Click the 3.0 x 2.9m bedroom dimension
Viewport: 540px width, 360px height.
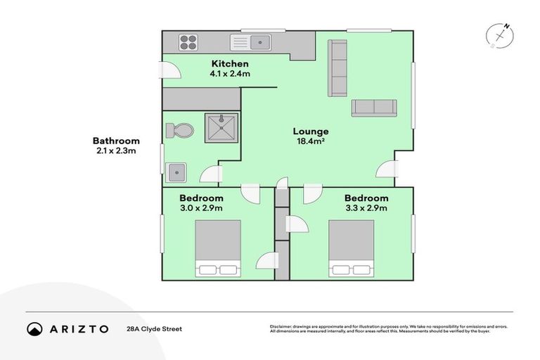pos(201,207)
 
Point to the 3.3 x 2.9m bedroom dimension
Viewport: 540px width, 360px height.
pos(366,207)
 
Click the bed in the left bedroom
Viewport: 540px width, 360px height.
pos(217,248)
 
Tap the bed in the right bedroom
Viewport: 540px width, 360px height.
pos(351,248)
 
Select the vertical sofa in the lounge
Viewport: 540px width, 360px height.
pos(337,67)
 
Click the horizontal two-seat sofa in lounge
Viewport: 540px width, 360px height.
pos(373,107)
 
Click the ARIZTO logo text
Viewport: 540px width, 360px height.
pos(77,328)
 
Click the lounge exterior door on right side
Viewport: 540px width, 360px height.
pos(387,169)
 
